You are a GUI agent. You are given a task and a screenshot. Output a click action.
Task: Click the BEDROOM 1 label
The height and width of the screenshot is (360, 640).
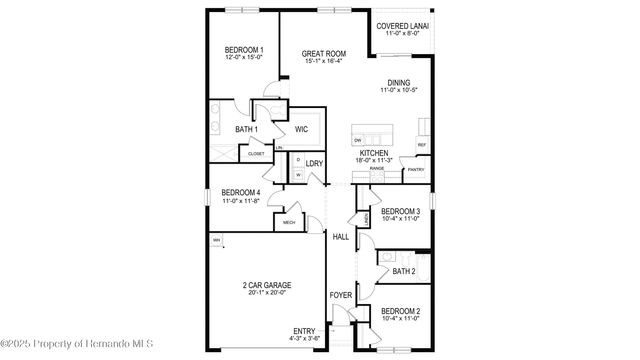coord(243,51)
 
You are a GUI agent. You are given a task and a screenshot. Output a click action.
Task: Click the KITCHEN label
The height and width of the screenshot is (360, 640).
coord(374,153)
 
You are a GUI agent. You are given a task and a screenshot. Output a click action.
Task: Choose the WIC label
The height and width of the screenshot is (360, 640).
coord(301,130)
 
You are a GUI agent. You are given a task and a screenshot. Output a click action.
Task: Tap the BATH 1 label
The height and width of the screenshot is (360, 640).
coord(246,130)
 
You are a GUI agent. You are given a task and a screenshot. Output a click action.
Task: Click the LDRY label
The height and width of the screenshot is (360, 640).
coord(313,163)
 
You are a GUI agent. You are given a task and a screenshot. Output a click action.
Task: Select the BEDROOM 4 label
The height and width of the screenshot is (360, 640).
coord(240,192)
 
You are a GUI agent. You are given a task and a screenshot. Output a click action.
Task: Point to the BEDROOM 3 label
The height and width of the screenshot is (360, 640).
coord(400,211)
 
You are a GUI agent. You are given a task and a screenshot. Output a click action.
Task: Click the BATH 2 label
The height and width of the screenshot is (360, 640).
coord(403,270)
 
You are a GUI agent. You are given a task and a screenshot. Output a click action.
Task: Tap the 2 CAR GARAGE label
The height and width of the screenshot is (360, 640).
coord(265,285)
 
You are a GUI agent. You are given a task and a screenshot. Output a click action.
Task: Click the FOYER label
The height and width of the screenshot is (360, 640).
coord(341,295)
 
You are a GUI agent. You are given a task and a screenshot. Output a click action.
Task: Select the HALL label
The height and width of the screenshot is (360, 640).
coord(340,236)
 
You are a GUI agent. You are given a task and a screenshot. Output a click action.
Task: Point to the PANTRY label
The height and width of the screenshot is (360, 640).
coord(415,170)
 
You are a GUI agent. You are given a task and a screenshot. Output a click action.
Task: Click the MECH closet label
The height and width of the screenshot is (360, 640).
coord(290,222)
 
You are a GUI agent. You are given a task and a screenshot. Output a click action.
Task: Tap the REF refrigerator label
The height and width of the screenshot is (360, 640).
coord(422,145)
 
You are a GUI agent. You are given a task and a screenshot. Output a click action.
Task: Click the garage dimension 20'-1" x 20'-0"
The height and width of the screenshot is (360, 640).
coord(265,293)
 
